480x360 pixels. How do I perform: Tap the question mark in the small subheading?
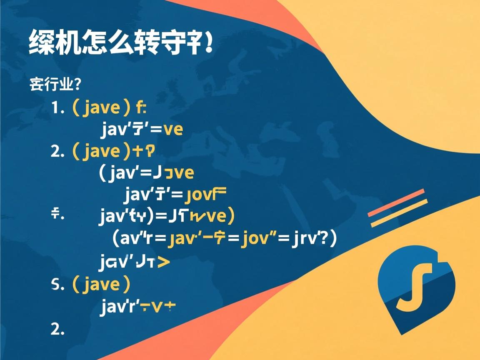(x=76, y=85)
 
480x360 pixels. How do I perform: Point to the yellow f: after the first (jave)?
(x=141, y=108)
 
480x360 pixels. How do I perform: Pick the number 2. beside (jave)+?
(x=57, y=152)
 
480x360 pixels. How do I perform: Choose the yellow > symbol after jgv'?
(x=163, y=262)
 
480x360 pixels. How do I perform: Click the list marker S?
(x=57, y=285)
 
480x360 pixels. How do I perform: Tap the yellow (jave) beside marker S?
(x=102, y=285)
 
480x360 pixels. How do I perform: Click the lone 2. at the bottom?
(x=57, y=329)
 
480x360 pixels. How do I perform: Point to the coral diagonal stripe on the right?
(x=396, y=203)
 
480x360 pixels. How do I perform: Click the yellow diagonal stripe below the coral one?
(x=399, y=213)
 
